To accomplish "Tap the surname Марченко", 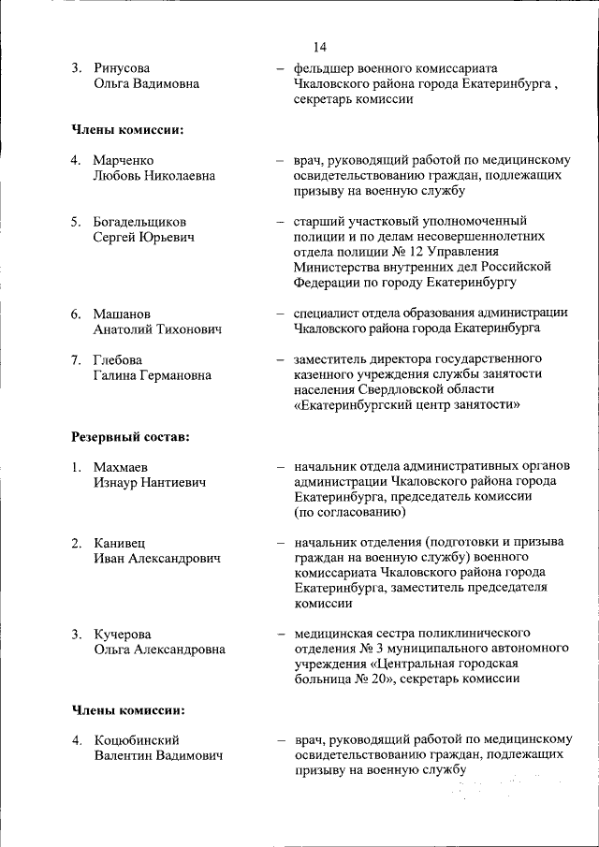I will [123, 160].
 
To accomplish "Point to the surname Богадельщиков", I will [139, 222].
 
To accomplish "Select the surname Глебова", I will [118, 359].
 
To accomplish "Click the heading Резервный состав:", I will [130, 436].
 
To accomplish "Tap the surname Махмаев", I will [121, 467].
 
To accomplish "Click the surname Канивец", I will [119, 544].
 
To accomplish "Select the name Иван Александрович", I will [157, 559].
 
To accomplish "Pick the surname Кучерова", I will [122, 635].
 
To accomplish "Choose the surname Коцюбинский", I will [137, 741].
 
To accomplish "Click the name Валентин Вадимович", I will [158, 756].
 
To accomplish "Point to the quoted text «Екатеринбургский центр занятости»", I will [407, 405].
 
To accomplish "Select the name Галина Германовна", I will [152, 374].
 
